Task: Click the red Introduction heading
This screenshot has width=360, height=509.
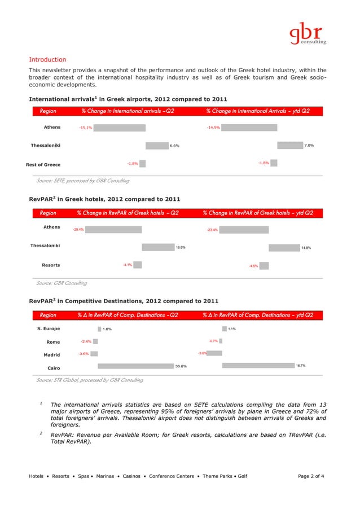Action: click(x=47, y=59)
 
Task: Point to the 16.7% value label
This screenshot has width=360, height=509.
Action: click(x=301, y=366)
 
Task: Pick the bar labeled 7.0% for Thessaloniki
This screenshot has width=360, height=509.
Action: click(x=289, y=145)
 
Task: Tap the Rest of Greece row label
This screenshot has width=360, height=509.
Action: click(x=43, y=164)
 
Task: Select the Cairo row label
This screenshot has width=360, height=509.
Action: click(x=54, y=368)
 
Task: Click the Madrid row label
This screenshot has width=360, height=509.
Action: click(x=52, y=355)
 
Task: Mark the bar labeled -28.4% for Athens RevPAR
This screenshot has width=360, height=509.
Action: click(x=114, y=230)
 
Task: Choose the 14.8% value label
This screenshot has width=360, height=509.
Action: click(x=306, y=247)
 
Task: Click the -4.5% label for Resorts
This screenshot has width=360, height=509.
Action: click(x=253, y=266)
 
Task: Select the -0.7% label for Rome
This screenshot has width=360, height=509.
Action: click(x=213, y=341)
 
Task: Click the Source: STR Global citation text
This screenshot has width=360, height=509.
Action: click(x=89, y=380)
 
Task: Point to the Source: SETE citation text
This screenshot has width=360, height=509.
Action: click(x=82, y=181)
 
